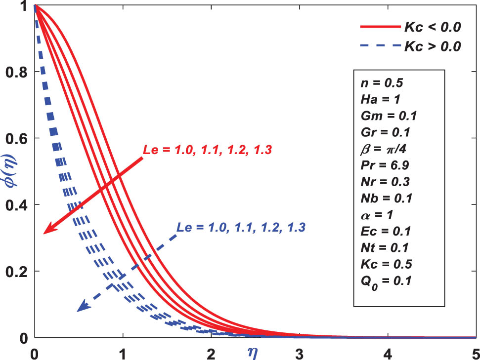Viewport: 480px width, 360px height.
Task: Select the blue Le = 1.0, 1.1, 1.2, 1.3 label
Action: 241,228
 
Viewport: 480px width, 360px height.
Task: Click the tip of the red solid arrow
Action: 44,233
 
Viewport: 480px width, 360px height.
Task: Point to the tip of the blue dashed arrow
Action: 78,311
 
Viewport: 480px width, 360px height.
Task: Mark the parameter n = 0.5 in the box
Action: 378,84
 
